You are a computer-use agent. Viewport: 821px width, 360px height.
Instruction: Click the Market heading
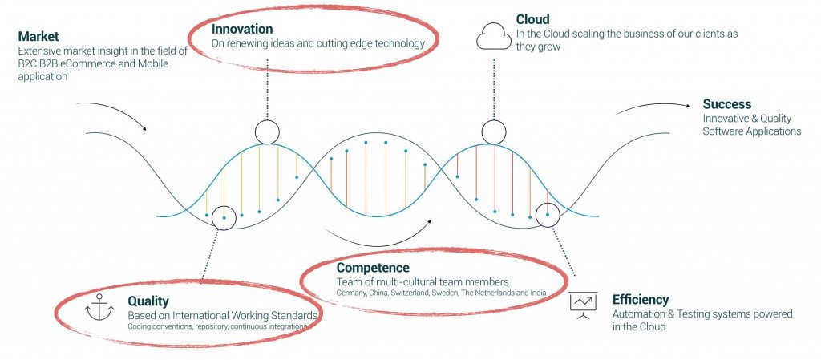tap(38, 37)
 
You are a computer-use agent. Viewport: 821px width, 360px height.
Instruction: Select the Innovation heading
tap(242, 29)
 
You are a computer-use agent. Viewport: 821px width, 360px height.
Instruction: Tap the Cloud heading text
tap(533, 20)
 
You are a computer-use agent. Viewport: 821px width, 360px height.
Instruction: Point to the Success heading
tap(726, 104)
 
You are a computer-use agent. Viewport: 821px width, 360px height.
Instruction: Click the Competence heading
tap(373, 269)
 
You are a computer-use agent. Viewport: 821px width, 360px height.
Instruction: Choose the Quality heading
tap(148, 301)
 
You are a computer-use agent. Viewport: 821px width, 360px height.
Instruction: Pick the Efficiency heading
tap(641, 300)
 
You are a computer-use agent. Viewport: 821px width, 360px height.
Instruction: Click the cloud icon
tap(493, 37)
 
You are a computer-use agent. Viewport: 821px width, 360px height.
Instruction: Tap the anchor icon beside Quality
tap(99, 307)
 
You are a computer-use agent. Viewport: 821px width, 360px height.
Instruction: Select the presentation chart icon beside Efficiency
tap(583, 305)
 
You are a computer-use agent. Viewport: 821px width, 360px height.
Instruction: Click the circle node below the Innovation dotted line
tap(267, 132)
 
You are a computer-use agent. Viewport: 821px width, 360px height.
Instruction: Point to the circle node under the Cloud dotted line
tap(494, 132)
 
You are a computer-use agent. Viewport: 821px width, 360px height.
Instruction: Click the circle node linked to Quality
tap(224, 217)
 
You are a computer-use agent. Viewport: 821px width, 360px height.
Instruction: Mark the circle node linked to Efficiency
tap(548, 215)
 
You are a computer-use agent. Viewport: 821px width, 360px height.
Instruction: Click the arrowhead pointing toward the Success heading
tap(687, 105)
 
